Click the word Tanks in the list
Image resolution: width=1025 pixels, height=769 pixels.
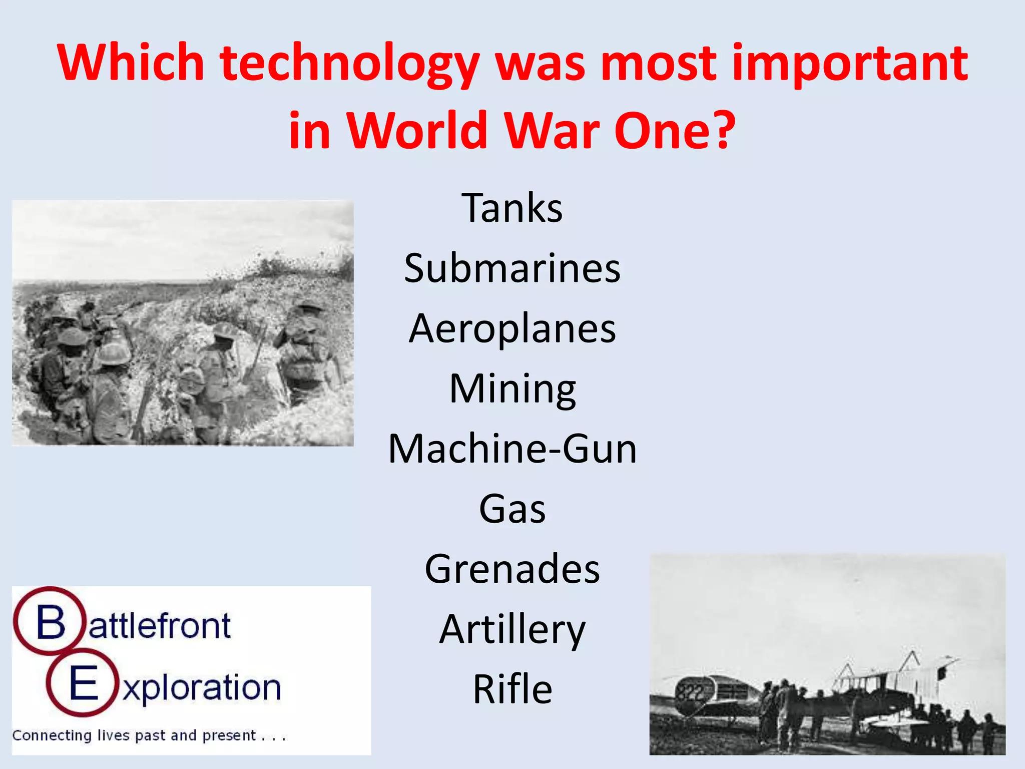pos(512,208)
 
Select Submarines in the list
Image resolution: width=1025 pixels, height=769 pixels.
pos(512,268)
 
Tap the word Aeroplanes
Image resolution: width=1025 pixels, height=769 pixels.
pos(512,329)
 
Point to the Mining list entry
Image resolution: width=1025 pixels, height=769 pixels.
pos(512,389)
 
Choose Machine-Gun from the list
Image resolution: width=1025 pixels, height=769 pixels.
pos(512,449)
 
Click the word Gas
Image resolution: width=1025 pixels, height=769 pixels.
pos(512,509)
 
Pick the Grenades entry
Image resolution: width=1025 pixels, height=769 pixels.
pos(512,569)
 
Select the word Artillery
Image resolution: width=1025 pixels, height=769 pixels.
pos(512,630)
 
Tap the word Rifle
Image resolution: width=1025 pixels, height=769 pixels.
pos(512,689)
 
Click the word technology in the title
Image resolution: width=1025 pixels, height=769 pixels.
pos(350,64)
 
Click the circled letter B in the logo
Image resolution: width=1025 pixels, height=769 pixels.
pos(50,623)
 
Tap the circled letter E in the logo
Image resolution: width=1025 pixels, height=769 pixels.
pos(83,684)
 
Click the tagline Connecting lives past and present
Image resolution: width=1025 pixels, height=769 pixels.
pos(149,735)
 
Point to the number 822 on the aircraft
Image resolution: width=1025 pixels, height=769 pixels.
pos(691,693)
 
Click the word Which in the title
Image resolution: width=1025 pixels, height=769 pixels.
pos(131,64)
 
